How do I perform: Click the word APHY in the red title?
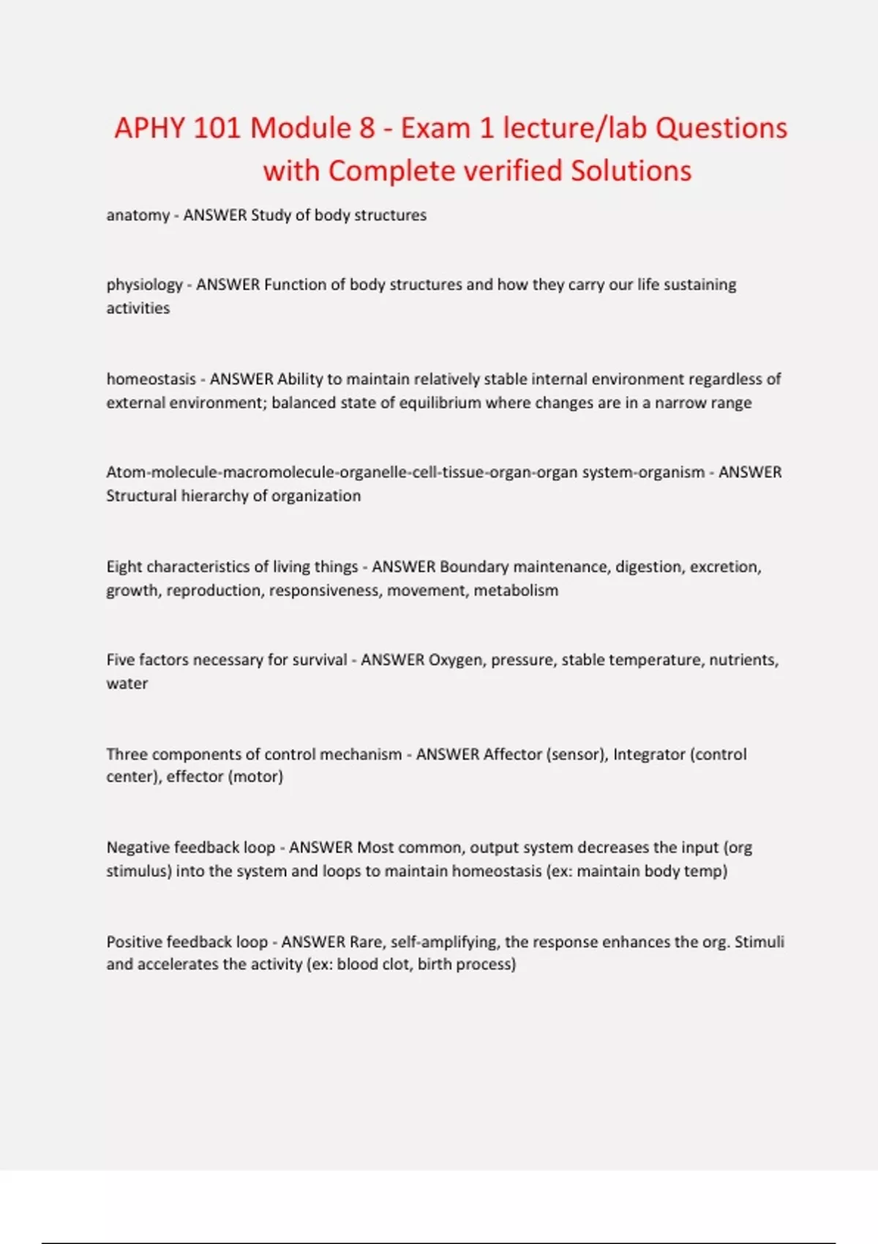(149, 128)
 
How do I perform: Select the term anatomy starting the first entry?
(138, 215)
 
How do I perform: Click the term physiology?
(144, 285)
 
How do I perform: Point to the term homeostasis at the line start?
(151, 379)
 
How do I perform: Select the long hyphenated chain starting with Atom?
(405, 472)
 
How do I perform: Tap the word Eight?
(125, 566)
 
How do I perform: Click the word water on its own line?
(127, 683)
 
